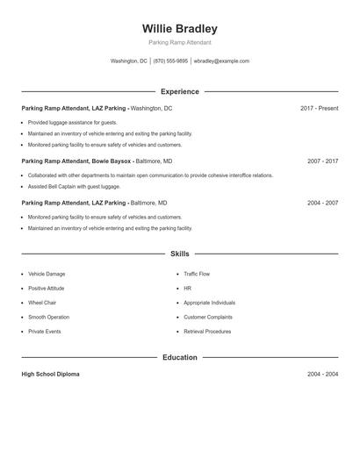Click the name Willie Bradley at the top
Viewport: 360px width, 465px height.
click(x=179, y=29)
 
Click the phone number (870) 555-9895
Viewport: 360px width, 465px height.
click(x=171, y=61)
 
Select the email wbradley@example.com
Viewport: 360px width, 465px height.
click(x=221, y=61)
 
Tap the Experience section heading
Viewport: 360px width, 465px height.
click(x=179, y=91)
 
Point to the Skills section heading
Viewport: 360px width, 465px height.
click(x=179, y=254)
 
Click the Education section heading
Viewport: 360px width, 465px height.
click(x=179, y=357)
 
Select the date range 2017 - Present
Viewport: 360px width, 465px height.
click(x=319, y=108)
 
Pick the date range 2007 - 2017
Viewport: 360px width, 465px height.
click(x=322, y=161)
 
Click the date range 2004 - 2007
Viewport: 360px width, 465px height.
click(x=322, y=203)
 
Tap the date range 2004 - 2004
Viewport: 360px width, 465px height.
click(x=322, y=374)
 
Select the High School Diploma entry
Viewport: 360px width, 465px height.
click(x=50, y=374)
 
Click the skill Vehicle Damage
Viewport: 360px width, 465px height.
click(x=47, y=274)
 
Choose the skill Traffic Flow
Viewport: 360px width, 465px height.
click(x=197, y=274)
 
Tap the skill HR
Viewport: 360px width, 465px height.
click(x=187, y=288)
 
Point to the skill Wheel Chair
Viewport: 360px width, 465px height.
click(x=42, y=303)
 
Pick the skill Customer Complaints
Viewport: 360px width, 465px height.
click(x=208, y=317)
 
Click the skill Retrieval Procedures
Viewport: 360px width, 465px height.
click(x=207, y=332)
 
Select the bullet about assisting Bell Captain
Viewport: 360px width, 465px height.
click(x=74, y=186)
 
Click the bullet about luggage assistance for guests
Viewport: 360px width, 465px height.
click(x=72, y=122)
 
